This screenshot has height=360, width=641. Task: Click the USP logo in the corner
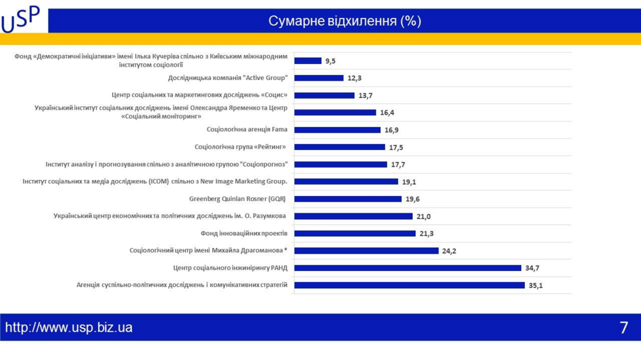click(21, 19)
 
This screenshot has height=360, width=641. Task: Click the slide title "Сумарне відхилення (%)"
click(344, 21)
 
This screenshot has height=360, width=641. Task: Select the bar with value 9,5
click(308, 61)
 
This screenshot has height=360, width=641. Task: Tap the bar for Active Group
click(319, 78)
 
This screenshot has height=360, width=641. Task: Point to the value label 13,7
click(365, 95)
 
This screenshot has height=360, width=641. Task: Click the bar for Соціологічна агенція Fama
click(337, 130)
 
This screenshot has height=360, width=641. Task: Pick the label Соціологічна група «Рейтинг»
click(240, 147)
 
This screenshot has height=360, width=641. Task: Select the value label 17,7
click(398, 165)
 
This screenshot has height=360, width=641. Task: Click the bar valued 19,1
click(346, 182)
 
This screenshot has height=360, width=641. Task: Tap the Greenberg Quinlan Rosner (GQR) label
click(238, 199)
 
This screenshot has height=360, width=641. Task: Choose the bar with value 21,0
click(353, 217)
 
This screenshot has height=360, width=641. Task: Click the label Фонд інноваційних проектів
click(244, 233)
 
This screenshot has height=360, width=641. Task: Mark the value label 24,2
click(449, 251)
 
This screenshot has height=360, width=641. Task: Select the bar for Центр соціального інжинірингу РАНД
click(408, 268)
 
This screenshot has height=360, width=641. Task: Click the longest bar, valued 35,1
click(409, 285)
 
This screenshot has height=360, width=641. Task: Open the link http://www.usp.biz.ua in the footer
click(69, 328)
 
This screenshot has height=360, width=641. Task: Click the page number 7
click(624, 328)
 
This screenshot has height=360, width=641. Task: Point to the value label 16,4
click(387, 113)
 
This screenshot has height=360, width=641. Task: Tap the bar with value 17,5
click(340, 147)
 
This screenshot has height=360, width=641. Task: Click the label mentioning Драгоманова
click(208, 250)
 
